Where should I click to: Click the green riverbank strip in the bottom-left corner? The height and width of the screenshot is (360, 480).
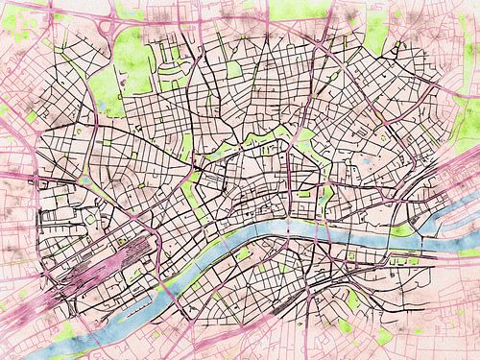click(x=58, y=331)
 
